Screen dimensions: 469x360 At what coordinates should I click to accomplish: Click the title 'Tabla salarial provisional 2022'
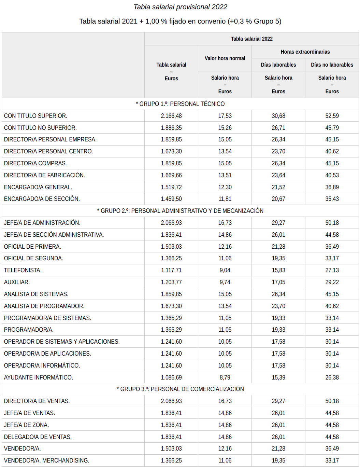tap(180, 7)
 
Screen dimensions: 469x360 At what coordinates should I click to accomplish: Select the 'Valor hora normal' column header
tap(225, 58)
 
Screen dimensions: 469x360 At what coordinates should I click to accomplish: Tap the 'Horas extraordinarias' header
tap(305, 52)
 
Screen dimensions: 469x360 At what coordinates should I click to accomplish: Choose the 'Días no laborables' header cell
tap(332, 65)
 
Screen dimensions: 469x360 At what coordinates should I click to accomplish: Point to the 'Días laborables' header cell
tap(278, 65)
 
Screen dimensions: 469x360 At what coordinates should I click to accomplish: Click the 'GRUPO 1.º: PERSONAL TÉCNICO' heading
tap(180, 104)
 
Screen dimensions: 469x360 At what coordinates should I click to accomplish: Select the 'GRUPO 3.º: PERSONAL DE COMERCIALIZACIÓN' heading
tap(180, 389)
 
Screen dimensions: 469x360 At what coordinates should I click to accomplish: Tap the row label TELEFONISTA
tap(23, 270)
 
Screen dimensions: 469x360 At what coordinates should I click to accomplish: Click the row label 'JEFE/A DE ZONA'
tap(27, 425)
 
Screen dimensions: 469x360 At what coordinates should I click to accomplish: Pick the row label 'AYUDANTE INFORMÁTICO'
tap(39, 377)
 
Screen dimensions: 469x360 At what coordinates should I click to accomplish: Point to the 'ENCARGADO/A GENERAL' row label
tap(38, 187)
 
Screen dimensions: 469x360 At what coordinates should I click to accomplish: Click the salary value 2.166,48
tap(171, 116)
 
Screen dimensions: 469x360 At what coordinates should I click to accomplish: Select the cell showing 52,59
tap(332, 116)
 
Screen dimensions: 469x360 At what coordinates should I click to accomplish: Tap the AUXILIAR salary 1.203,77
tap(171, 282)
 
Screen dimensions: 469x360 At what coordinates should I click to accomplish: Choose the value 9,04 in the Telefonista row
tap(225, 270)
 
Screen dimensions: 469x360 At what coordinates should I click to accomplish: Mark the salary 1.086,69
tap(171, 377)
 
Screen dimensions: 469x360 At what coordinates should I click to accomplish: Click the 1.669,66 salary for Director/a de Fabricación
tap(171, 175)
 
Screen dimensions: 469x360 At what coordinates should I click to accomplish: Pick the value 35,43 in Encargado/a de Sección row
tap(332, 199)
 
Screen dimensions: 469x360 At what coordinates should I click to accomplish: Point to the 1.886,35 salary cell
tap(171, 128)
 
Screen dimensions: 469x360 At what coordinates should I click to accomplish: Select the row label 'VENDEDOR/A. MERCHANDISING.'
tap(47, 460)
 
